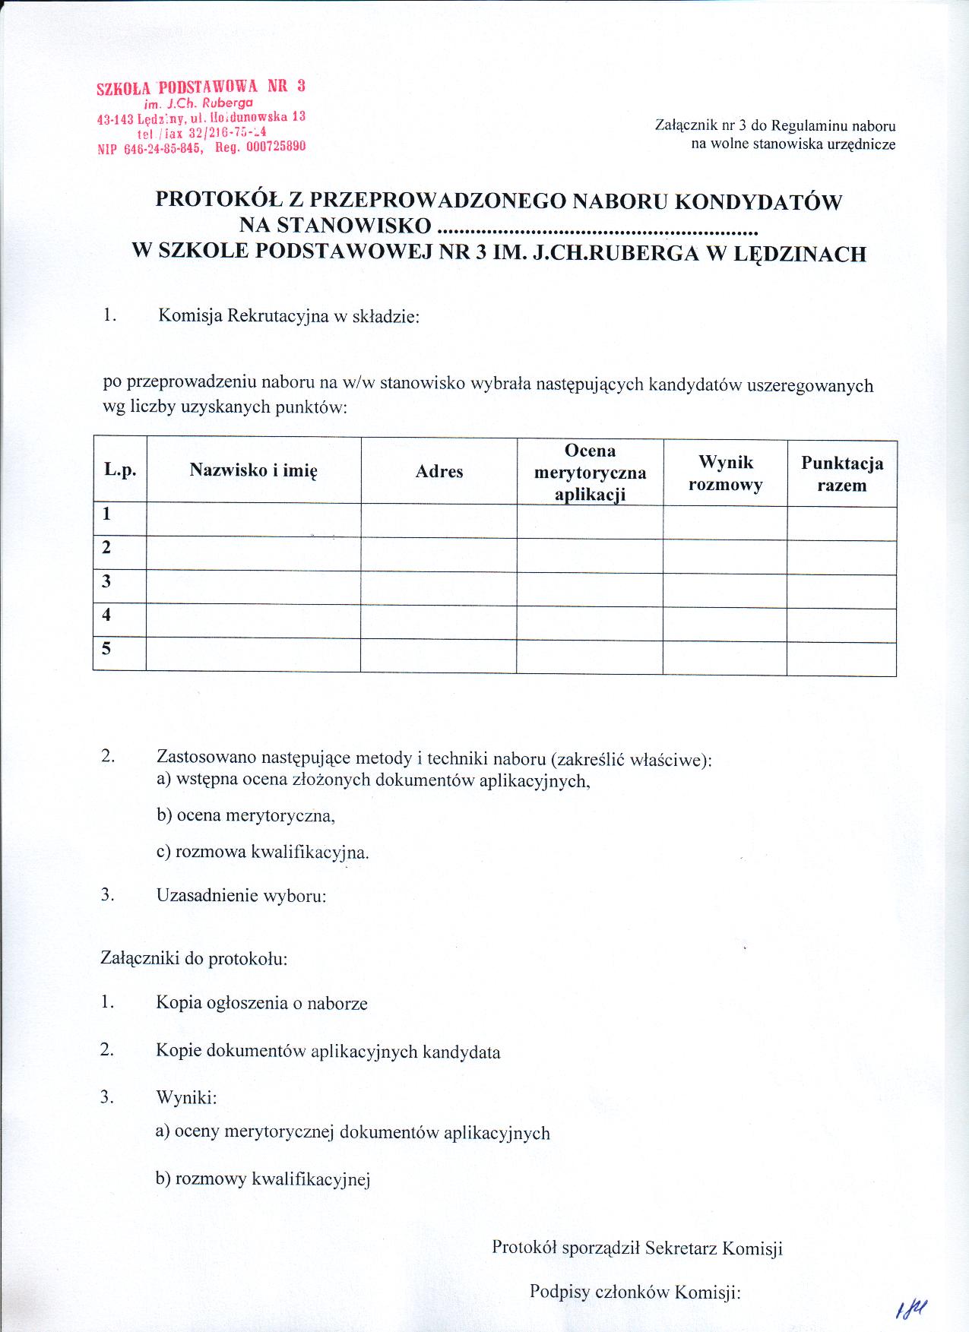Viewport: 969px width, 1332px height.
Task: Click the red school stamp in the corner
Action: point(201,116)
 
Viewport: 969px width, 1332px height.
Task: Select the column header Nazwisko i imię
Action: point(253,470)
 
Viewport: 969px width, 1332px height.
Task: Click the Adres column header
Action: point(439,472)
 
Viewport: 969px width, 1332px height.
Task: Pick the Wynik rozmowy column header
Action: point(725,473)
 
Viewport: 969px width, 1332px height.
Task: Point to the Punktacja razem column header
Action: point(841,474)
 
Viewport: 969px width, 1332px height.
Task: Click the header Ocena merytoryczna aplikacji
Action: point(590,472)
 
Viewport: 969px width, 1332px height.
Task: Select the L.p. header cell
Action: point(120,470)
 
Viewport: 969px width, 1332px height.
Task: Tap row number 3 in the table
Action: point(107,582)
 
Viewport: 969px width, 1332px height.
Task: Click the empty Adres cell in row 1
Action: point(439,521)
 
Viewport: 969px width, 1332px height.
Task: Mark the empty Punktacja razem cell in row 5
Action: point(841,659)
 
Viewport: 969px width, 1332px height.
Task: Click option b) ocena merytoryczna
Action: point(245,816)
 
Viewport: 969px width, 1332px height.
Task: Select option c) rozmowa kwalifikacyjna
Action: point(263,852)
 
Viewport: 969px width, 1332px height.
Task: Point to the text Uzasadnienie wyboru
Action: point(241,895)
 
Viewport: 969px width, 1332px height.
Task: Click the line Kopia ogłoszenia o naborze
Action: point(261,1003)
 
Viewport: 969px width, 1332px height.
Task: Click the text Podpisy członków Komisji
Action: point(635,1292)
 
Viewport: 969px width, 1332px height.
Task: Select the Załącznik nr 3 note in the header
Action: point(774,134)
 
